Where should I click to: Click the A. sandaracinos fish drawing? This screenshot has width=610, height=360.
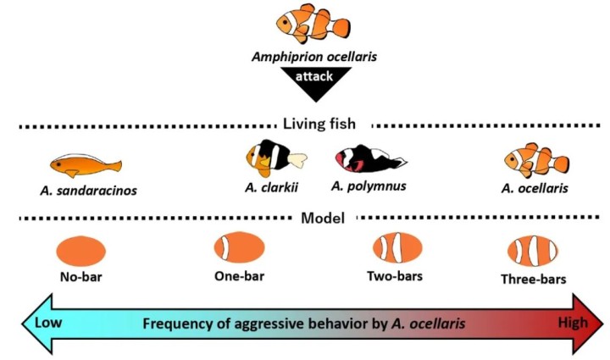[x=86, y=163]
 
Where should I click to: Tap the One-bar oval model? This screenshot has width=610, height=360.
[x=240, y=248]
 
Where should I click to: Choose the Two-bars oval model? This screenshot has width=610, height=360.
[x=397, y=248]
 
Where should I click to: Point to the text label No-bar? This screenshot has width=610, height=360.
[x=80, y=277]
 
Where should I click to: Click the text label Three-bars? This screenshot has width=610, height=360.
[x=532, y=278]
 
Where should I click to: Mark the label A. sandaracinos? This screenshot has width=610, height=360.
[x=88, y=190]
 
